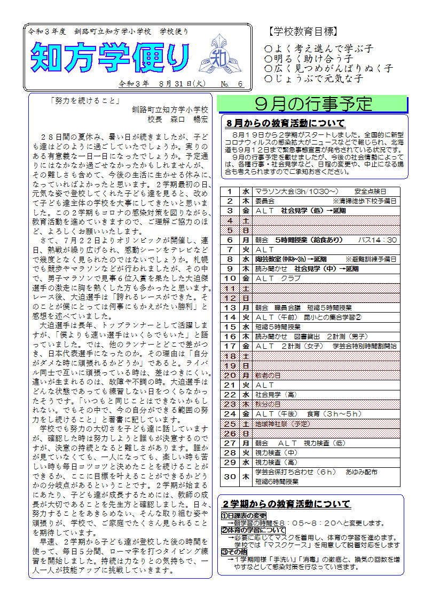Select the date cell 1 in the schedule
pyautogui.click(x=230, y=191)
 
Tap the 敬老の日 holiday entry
pyautogui.click(x=268, y=375)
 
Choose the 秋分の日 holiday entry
pyautogui.click(x=268, y=404)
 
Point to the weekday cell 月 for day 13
pyautogui.click(x=246, y=307)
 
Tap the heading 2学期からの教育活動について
pyautogui.click(x=287, y=504)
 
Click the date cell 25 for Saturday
pyautogui.click(x=230, y=424)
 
